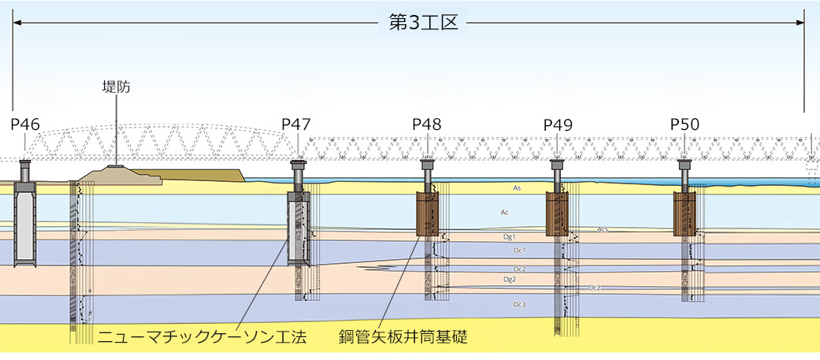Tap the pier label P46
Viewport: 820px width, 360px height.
click(25, 124)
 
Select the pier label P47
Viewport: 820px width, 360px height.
click(296, 124)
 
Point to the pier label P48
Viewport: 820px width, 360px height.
click(427, 124)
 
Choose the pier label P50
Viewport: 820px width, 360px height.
click(685, 124)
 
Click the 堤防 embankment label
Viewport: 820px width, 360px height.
click(117, 87)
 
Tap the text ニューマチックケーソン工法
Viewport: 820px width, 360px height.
click(202, 338)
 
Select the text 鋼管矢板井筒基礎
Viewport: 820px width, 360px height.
click(403, 338)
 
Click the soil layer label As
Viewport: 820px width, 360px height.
click(517, 189)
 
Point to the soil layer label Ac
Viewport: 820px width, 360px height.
click(505, 213)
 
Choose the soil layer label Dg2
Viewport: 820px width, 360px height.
click(510, 280)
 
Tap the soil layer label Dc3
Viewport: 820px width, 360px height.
click(519, 304)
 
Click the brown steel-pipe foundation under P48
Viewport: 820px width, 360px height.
click(426, 214)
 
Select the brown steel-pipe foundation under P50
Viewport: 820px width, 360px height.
click(685, 214)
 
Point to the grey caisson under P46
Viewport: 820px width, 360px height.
click(26, 225)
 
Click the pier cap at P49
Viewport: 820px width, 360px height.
click(558, 165)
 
